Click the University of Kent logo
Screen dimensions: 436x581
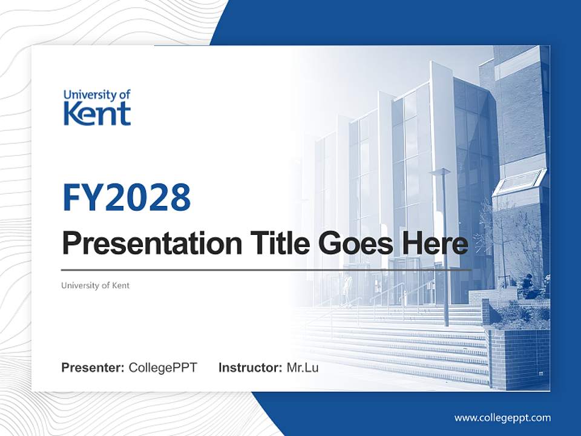click(x=97, y=107)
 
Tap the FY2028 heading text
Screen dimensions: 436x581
click(x=126, y=197)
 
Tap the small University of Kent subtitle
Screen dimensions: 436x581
click(x=95, y=285)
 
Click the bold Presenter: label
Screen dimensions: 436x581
click(x=93, y=368)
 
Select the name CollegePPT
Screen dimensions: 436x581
click(x=163, y=368)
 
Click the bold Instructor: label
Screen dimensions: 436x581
click(x=250, y=368)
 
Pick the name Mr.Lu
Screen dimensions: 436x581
click(x=302, y=368)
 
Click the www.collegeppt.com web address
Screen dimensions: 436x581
click(x=502, y=417)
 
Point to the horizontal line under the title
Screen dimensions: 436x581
click(x=266, y=269)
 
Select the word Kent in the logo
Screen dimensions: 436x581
click(x=97, y=113)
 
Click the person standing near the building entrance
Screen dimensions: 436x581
click(x=347, y=287)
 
